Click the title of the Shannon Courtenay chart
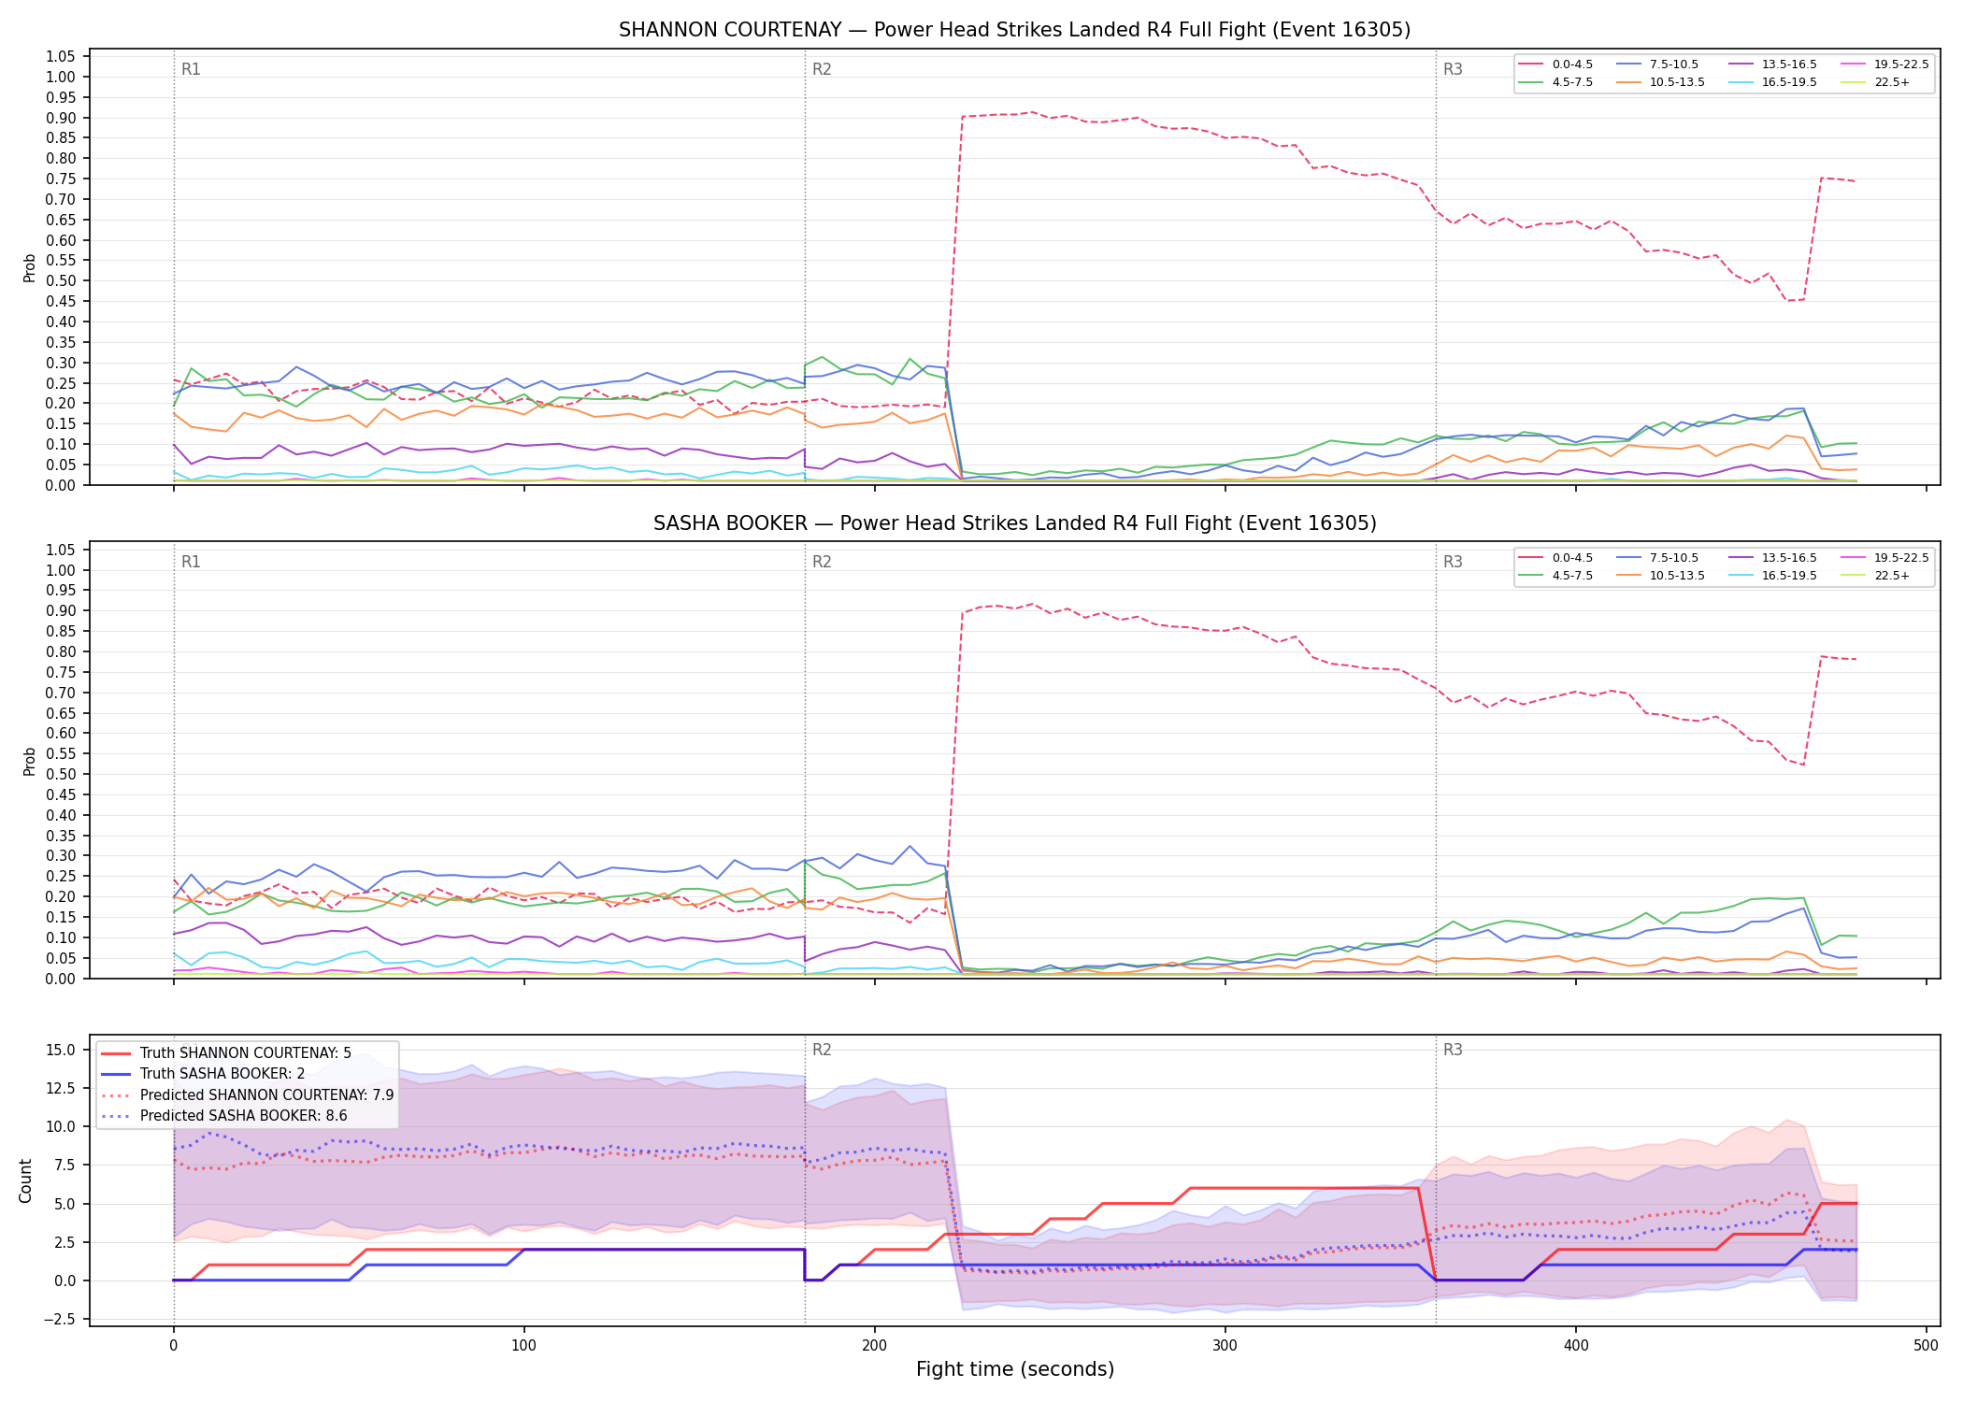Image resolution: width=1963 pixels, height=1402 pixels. tap(1014, 30)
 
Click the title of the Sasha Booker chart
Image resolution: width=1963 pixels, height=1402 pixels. tap(1014, 523)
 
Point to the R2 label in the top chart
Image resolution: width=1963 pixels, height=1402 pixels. tap(822, 69)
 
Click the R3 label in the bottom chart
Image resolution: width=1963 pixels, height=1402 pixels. tap(1453, 1050)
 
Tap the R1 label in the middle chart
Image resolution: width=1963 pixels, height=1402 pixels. tap(191, 562)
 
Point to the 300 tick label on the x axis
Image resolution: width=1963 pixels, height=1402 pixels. tap(1225, 1346)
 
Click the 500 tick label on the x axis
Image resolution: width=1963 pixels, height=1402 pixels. tap(1926, 1346)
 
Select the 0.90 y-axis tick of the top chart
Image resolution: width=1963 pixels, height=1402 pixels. tap(61, 118)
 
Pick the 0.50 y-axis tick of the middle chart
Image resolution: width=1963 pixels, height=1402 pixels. tap(61, 774)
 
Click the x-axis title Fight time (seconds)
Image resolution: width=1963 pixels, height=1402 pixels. tap(1015, 1369)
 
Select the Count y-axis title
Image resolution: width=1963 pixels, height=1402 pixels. tap(25, 1180)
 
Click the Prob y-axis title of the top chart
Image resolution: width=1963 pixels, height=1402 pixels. tap(30, 267)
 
